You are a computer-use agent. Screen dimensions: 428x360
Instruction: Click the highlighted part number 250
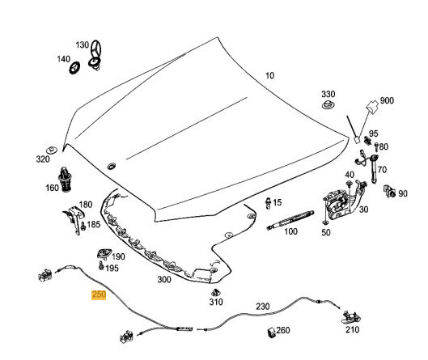point(99,294)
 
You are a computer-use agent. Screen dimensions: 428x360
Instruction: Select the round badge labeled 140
point(74,68)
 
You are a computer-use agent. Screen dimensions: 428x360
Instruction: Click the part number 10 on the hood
point(269,75)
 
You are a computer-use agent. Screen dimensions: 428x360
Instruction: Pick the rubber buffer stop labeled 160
point(65,179)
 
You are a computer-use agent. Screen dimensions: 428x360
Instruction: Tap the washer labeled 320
point(51,150)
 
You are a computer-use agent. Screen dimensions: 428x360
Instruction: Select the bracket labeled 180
point(74,219)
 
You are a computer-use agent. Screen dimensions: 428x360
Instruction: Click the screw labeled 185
point(83,226)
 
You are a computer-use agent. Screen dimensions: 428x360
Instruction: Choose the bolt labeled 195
point(101,265)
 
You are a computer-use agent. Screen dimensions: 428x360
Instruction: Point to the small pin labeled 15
point(268,203)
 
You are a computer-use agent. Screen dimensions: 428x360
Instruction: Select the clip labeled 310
point(216,292)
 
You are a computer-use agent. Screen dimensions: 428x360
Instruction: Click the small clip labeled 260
point(271,332)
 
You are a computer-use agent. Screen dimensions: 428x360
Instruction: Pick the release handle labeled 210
point(352,317)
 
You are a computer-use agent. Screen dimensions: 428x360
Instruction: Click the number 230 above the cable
point(263,307)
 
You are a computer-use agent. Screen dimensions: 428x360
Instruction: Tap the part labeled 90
point(389,191)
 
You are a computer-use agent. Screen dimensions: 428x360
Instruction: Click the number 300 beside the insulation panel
point(164,279)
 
